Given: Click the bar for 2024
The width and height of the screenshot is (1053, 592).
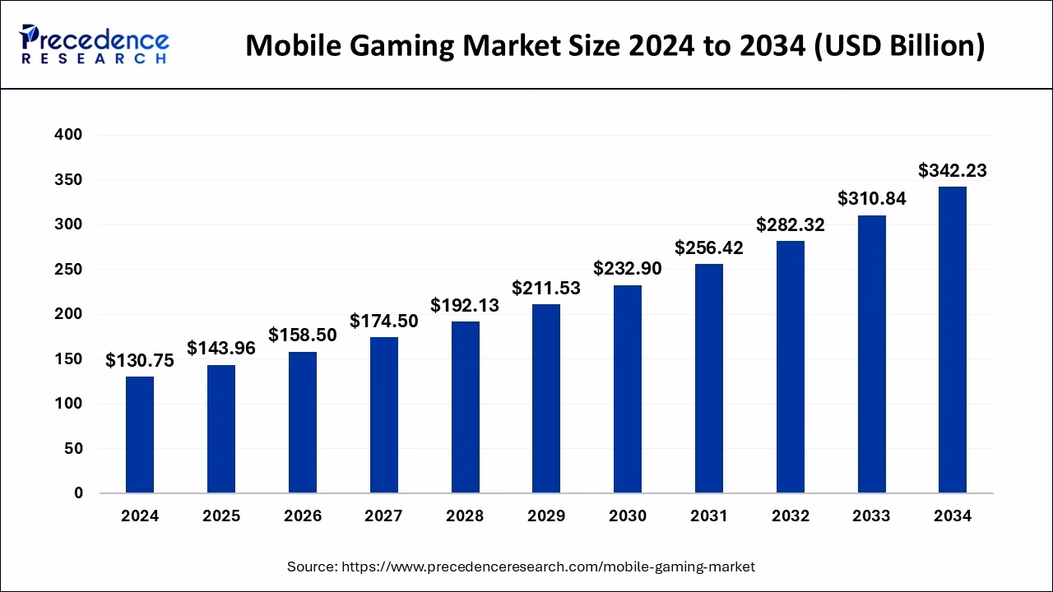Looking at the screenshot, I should click(x=140, y=435).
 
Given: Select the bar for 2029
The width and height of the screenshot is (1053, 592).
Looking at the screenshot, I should click(x=546, y=399).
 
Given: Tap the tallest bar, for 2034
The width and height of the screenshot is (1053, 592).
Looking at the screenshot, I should click(x=953, y=340).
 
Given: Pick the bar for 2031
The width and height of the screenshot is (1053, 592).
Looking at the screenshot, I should click(x=708, y=378).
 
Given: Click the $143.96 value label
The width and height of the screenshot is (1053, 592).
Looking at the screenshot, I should click(x=221, y=348).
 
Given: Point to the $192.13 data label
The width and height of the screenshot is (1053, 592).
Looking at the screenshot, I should click(x=465, y=305).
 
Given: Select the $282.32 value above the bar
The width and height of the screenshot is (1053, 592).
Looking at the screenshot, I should click(x=790, y=224).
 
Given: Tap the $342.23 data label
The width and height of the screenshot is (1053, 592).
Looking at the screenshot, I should click(x=953, y=170).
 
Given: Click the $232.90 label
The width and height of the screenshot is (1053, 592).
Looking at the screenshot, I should click(x=628, y=268).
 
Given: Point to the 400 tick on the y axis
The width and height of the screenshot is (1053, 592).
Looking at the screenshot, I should click(x=67, y=135).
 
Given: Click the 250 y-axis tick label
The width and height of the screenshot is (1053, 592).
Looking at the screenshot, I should click(x=67, y=270).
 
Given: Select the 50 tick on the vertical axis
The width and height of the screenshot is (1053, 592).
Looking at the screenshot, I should click(x=73, y=449).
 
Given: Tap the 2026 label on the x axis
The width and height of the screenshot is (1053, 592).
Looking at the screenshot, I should click(x=303, y=516).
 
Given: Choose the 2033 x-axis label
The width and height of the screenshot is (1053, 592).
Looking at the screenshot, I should click(x=871, y=516).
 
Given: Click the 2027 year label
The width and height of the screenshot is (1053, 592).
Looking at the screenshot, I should click(x=383, y=516).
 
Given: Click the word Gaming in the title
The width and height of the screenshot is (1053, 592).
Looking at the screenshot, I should click(x=424, y=45).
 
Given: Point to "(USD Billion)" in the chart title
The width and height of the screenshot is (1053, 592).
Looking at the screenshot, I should click(x=898, y=45).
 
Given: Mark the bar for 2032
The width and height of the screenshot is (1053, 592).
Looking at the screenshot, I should click(x=790, y=367).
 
